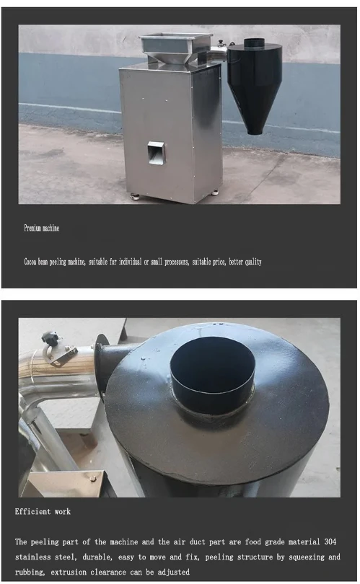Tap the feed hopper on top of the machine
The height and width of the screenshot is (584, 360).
[176, 48]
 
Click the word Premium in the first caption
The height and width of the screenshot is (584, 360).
[32, 228]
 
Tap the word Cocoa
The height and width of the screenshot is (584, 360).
[32, 262]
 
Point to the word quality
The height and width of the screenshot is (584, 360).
[252, 262]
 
